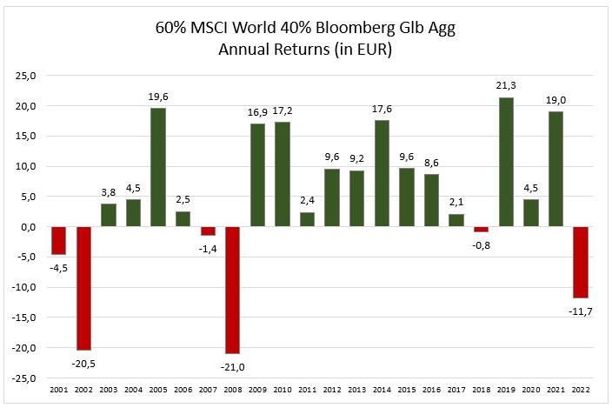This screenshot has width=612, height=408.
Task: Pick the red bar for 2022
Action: tap(581, 262)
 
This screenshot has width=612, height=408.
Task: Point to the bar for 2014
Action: tap(382, 173)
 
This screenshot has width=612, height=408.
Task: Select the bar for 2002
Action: tap(83, 288)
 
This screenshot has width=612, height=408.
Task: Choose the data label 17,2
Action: tap(283, 112)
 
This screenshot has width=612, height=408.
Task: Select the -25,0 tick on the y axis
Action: tap(23, 378)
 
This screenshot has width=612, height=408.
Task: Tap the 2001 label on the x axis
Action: tap(58, 391)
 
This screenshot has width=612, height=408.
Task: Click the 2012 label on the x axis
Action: tap(332, 391)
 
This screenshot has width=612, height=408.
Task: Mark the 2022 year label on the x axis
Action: tap(581, 391)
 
